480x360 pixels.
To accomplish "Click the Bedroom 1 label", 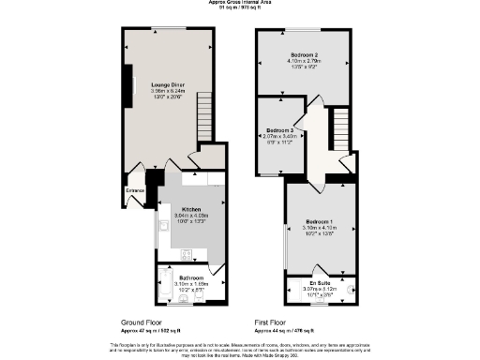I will (320, 221).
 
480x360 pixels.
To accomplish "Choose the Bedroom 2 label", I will (306, 55).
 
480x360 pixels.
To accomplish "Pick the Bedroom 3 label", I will (279, 130).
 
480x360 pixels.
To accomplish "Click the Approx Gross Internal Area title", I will (240, 3).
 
